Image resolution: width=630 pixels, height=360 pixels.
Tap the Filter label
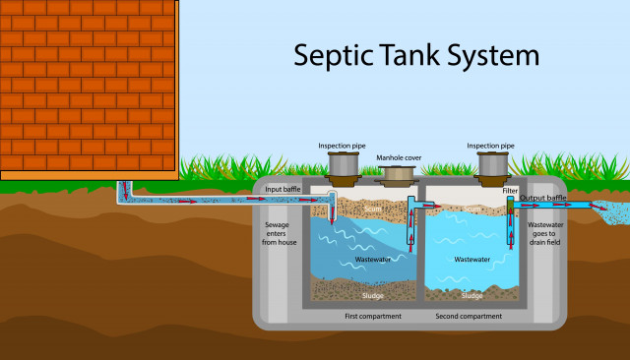(x=511, y=190)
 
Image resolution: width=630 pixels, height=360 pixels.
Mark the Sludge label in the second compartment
(x=472, y=295)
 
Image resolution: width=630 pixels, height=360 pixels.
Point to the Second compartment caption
(x=469, y=316)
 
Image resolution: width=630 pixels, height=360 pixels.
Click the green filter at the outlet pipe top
(x=510, y=203)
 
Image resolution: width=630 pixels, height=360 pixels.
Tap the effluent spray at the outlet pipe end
(x=611, y=209)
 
